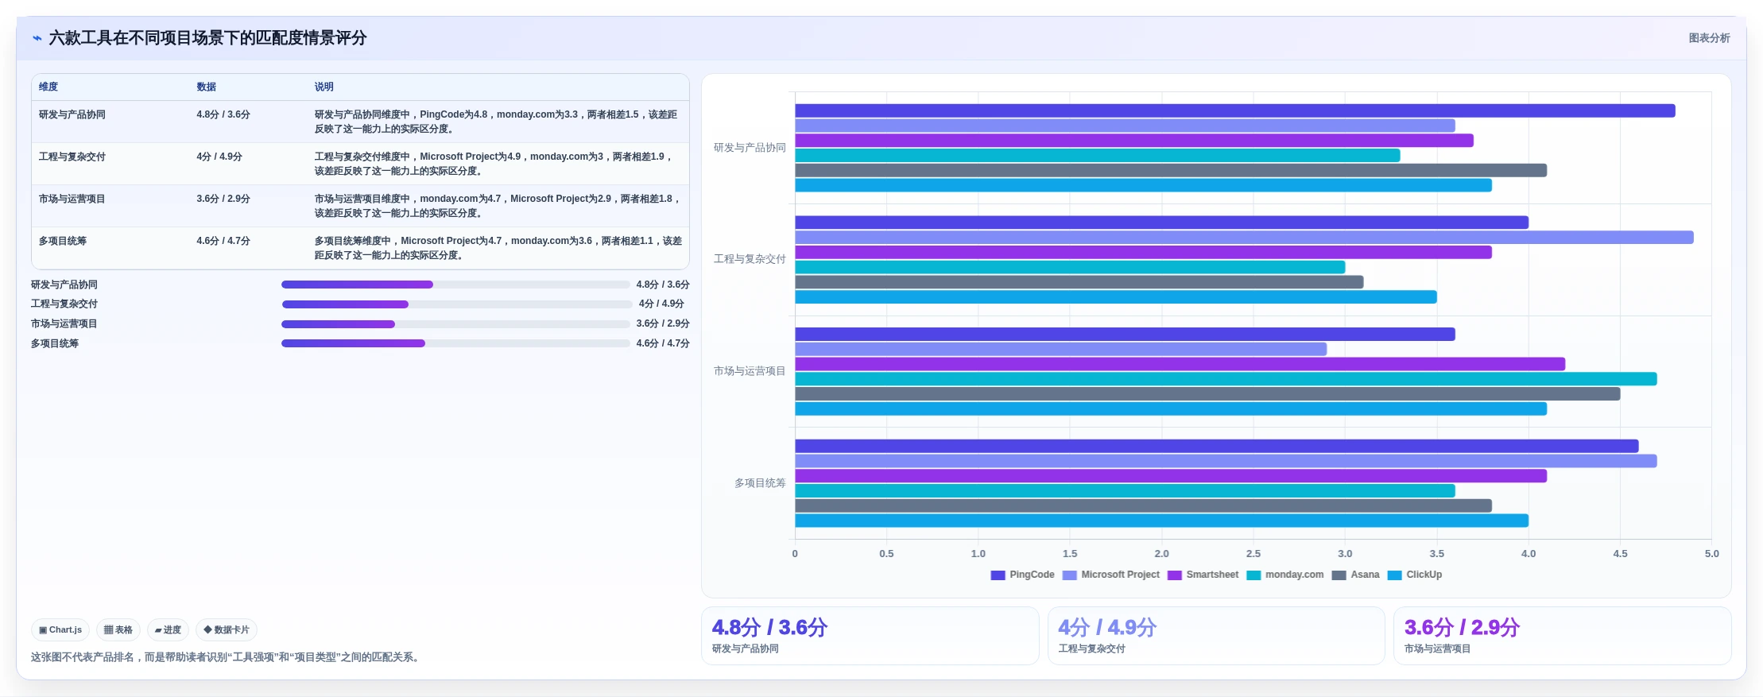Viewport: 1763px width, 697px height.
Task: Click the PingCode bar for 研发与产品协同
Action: [1234, 110]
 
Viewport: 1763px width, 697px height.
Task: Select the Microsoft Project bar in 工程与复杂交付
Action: [1244, 238]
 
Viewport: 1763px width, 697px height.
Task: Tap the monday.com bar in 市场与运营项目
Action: [1226, 379]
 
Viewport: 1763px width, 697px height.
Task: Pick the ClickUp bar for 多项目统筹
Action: [1161, 521]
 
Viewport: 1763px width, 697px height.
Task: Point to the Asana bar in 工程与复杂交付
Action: [1079, 282]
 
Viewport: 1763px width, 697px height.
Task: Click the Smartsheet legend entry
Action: [1203, 575]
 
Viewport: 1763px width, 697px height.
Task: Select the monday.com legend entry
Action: [1284, 575]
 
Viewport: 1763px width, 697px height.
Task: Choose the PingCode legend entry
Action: [1022, 575]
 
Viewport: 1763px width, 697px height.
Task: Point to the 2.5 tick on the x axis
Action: [1253, 554]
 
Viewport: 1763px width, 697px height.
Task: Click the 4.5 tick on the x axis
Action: [1620, 554]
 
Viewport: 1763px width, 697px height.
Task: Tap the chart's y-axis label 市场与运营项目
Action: [750, 371]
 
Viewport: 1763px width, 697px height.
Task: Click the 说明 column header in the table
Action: [324, 87]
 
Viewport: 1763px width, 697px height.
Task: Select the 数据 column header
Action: [207, 87]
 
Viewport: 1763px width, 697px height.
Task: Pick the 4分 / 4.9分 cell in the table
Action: [219, 157]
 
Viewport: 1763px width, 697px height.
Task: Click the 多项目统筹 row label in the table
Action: [63, 241]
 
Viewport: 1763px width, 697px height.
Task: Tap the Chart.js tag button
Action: [60, 630]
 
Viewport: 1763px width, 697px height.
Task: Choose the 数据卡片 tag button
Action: [227, 630]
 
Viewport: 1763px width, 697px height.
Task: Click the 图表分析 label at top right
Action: [1709, 38]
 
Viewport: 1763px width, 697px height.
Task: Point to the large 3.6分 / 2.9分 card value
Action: [1462, 628]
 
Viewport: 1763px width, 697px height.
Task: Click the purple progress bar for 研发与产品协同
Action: [357, 285]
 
